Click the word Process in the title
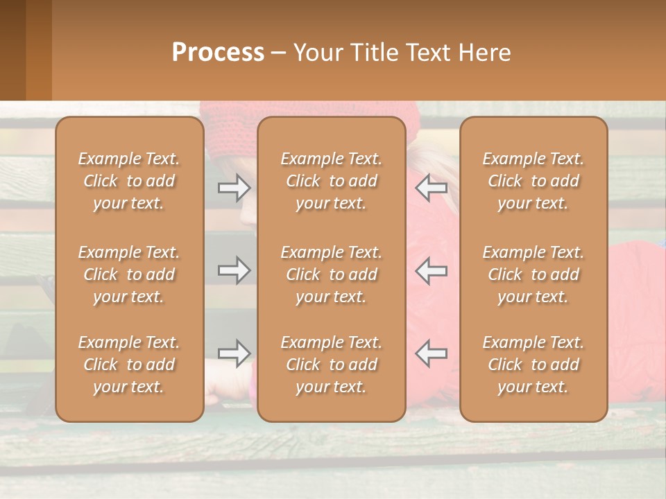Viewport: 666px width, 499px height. click(x=218, y=53)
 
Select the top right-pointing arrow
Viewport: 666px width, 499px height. click(x=234, y=188)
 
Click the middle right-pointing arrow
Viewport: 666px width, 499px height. click(x=234, y=270)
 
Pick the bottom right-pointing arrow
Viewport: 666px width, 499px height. click(x=234, y=353)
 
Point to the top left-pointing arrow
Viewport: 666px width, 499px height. click(x=432, y=188)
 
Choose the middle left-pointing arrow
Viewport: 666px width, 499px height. click(x=432, y=270)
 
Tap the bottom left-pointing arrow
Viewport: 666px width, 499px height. click(x=432, y=353)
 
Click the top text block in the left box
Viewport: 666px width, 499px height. click(x=129, y=181)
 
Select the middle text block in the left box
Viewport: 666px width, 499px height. click(x=129, y=274)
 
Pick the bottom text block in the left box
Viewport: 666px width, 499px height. click(x=129, y=365)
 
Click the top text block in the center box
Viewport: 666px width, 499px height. click(x=331, y=181)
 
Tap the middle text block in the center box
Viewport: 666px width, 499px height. click(x=331, y=274)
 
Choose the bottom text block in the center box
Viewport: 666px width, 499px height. click(x=331, y=365)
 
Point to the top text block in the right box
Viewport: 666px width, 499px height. click(x=533, y=181)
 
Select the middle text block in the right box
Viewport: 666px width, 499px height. click(x=533, y=274)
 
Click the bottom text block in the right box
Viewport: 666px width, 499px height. click(x=533, y=365)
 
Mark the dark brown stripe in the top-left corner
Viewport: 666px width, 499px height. click(x=12, y=50)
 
